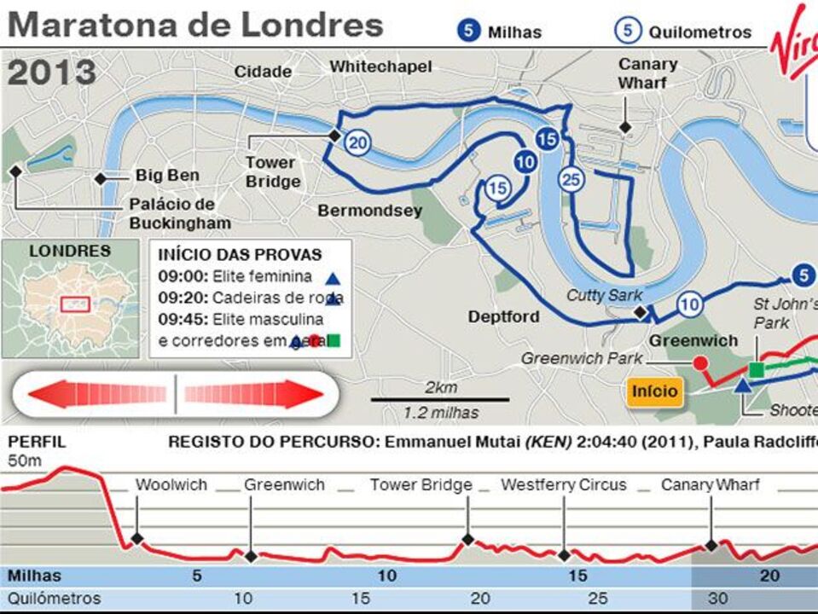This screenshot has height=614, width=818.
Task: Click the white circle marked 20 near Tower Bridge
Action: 358,142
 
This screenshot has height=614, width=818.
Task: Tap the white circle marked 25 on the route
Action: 571,179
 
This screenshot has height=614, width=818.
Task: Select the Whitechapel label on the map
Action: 380,67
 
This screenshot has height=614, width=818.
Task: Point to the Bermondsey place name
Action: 369,211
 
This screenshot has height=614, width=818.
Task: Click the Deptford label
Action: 503,316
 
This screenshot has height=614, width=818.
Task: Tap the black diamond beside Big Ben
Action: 101,178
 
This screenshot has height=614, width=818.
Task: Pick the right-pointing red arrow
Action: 255,394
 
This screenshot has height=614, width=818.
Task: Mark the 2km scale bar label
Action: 440,387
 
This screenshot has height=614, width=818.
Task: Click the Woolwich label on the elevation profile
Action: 171,485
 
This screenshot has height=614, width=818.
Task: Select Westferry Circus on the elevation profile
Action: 563,485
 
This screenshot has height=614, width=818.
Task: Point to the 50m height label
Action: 24,460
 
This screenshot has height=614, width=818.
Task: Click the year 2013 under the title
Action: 52,73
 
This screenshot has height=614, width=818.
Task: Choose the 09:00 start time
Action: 182,276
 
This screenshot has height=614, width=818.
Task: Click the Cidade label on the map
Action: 263,72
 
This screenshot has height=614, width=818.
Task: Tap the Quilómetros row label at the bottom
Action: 54,599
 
